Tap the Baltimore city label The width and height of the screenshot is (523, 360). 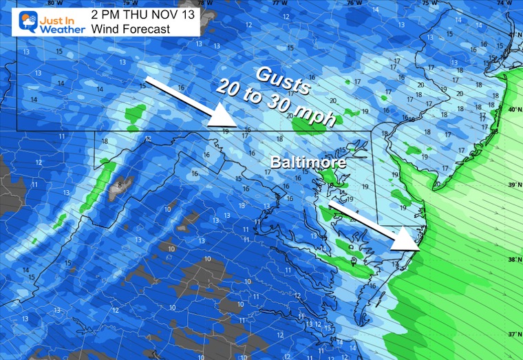[302, 165]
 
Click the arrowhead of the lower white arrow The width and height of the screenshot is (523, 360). [410, 241]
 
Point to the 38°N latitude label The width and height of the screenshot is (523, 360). [513, 260]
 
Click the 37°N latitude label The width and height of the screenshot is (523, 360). [513, 334]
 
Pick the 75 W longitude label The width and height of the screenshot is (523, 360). [427, 3]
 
